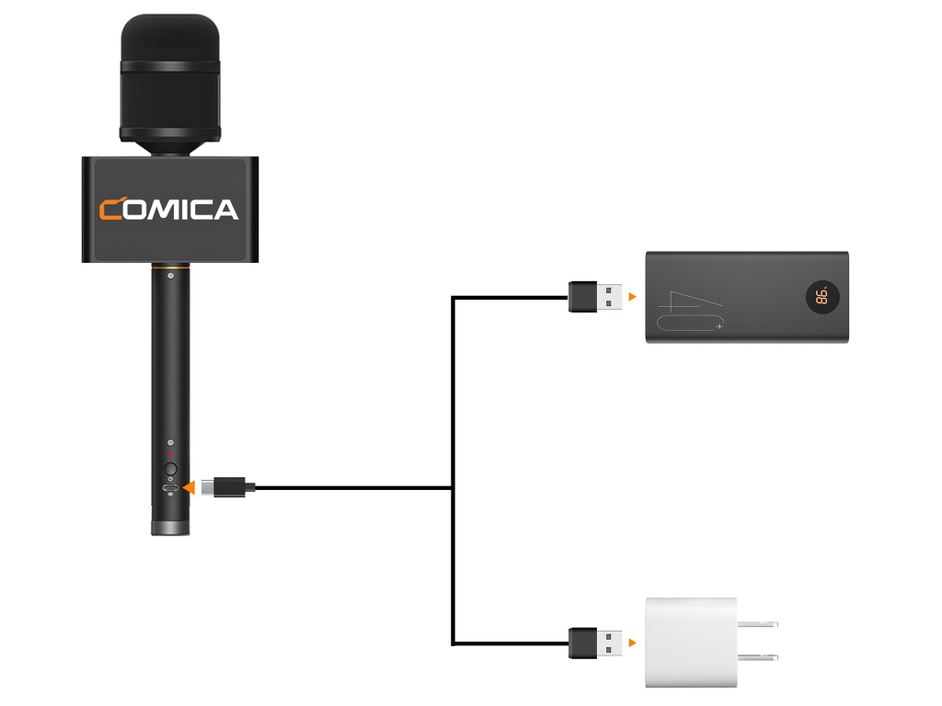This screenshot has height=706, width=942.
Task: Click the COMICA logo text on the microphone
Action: coord(169,210)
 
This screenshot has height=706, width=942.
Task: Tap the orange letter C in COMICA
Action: coord(115,211)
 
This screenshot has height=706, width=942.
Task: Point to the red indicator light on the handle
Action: coord(170,454)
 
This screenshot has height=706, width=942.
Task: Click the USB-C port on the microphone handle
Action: coord(170,487)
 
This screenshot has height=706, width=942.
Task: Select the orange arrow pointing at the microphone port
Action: coord(189,487)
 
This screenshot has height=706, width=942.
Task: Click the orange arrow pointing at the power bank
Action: coord(632,297)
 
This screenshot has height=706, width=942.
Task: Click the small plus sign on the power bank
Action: coord(719,325)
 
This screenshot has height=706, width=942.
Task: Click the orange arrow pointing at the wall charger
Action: coord(632,641)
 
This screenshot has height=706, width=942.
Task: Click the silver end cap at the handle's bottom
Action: coord(171,528)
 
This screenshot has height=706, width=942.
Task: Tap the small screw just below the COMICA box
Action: coord(170,275)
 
